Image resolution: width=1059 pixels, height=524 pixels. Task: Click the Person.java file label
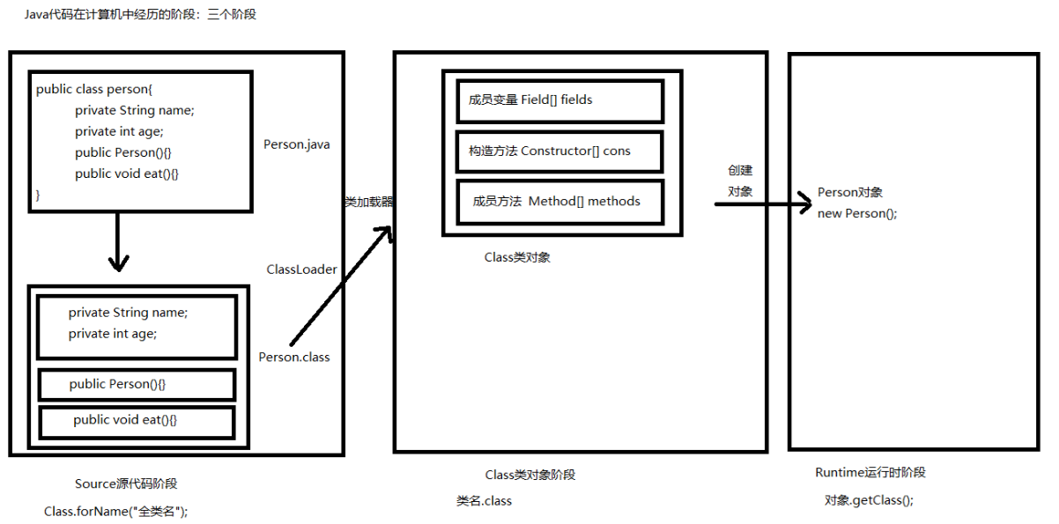tap(296, 144)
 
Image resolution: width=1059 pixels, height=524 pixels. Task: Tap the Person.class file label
tap(294, 357)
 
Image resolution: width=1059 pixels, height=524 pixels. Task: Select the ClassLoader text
tap(301, 269)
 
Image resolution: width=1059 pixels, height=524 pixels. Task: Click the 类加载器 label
tap(368, 202)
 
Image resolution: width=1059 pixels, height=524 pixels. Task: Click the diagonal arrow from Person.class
tap(340, 286)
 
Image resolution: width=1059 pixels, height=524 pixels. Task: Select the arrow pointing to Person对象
tap(762, 204)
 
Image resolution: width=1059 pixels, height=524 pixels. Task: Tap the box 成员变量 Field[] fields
tap(559, 100)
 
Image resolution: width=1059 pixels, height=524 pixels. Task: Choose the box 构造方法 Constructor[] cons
tap(559, 151)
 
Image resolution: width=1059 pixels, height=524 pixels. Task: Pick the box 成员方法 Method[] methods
tap(559, 201)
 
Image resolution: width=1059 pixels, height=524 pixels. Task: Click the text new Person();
tap(857, 214)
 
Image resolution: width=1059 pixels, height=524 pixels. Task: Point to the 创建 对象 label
tap(740, 181)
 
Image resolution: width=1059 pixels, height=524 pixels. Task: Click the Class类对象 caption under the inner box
tap(517, 258)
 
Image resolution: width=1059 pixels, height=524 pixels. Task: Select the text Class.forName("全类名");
tap(115, 511)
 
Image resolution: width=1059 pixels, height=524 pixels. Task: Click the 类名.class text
tap(484, 501)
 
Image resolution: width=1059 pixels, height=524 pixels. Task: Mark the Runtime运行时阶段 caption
tap(870, 473)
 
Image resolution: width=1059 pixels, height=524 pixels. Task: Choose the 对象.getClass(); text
tap(869, 500)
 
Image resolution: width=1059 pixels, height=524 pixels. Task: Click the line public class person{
tap(94, 89)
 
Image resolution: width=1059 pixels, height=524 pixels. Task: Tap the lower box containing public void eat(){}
tap(137, 421)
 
